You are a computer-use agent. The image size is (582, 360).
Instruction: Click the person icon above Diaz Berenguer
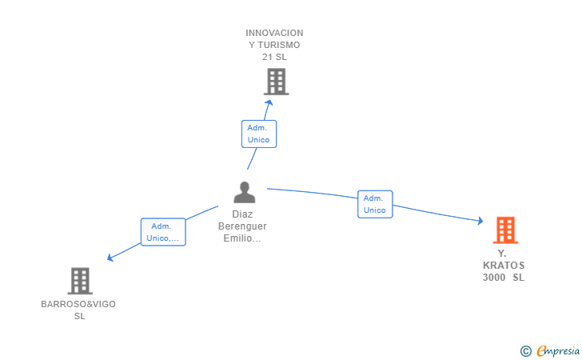[245, 192]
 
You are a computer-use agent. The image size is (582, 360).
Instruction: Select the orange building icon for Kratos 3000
[505, 230]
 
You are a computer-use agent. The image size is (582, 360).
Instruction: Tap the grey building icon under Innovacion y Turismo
[277, 82]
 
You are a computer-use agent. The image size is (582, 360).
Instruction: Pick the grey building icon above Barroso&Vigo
[80, 281]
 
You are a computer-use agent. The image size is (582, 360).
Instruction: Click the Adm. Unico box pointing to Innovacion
[259, 134]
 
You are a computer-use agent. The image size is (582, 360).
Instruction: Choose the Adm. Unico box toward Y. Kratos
[375, 204]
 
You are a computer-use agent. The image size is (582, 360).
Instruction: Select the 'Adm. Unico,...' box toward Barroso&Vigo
[163, 232]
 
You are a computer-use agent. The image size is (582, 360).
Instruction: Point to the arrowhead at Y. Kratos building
[480, 221]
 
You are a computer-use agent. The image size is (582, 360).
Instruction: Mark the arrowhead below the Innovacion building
[269, 103]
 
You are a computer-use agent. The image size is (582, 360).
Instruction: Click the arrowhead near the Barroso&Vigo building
[110, 257]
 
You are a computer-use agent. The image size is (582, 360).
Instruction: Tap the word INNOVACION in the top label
[274, 33]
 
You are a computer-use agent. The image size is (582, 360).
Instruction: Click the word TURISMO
[279, 45]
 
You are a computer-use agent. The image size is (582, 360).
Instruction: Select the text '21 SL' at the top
[274, 57]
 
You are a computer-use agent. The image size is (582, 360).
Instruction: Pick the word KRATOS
[504, 266]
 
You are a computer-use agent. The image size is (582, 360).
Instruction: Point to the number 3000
[494, 278]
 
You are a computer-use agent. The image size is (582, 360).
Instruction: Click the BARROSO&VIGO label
[78, 304]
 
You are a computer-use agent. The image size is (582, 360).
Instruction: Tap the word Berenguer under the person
[242, 226]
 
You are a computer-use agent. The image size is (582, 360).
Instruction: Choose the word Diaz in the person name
[242, 214]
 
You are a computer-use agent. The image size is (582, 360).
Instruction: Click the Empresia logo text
[558, 351]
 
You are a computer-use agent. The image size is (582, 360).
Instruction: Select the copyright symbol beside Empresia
[526, 351]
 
